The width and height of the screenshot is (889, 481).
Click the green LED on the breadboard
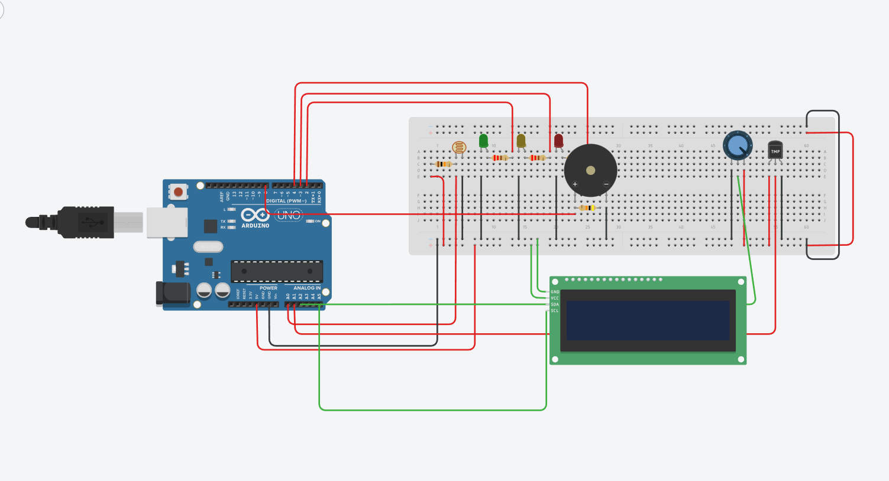tap(483, 141)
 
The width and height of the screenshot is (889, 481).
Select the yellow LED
tap(521, 141)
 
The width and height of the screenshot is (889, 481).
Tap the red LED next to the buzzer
tap(558, 141)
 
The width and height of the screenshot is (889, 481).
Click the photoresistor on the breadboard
tap(458, 147)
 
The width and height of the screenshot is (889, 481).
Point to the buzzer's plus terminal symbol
tap(574, 184)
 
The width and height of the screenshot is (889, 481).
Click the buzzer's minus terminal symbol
tap(606, 184)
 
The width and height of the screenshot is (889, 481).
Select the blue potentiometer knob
tap(737, 145)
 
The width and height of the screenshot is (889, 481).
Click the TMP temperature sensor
tap(775, 150)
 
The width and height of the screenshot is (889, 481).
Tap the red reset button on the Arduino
tap(177, 191)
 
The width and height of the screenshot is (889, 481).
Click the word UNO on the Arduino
tap(289, 215)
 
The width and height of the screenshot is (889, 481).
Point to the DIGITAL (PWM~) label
tap(286, 201)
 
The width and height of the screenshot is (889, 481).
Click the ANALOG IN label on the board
tap(306, 288)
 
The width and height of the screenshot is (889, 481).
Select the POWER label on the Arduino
tap(268, 288)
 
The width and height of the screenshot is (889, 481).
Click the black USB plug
tap(83, 222)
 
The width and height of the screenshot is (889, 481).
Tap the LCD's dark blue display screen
tap(648, 320)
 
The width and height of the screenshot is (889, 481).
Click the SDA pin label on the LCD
tap(555, 304)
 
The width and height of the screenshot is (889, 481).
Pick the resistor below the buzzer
tap(587, 208)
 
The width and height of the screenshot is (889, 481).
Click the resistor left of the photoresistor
tap(443, 164)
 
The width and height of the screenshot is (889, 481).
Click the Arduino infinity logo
tap(255, 216)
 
